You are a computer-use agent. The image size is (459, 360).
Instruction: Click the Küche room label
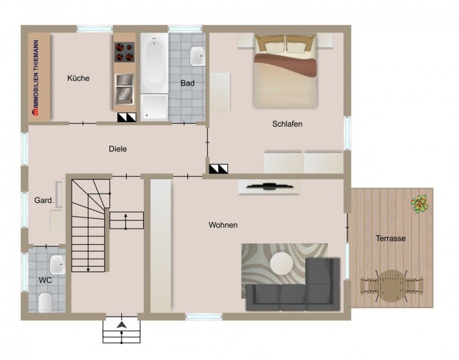(78, 78)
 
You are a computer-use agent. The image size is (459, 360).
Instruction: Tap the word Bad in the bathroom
(188, 83)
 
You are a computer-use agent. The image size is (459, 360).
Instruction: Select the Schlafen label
(287, 124)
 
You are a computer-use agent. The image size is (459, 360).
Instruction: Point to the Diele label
(118, 149)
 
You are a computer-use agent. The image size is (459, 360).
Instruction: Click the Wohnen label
(223, 225)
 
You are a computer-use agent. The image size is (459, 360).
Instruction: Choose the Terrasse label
(391, 238)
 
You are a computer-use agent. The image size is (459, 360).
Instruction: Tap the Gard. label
(44, 200)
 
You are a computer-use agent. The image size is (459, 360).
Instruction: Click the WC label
(45, 280)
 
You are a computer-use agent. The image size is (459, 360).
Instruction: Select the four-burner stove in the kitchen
(124, 52)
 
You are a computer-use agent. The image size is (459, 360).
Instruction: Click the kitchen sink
(124, 89)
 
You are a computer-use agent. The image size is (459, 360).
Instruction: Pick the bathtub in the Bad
(154, 63)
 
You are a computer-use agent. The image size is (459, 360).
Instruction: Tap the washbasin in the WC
(57, 265)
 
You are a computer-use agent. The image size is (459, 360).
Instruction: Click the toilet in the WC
(45, 302)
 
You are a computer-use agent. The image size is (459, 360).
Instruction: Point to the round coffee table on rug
(281, 263)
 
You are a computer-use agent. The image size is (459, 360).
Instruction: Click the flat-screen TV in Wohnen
(269, 186)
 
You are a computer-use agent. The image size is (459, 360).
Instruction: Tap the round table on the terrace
(391, 286)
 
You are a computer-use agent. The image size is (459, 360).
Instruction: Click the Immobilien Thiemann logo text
(36, 78)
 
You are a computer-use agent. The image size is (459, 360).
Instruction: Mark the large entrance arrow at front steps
(121, 325)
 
